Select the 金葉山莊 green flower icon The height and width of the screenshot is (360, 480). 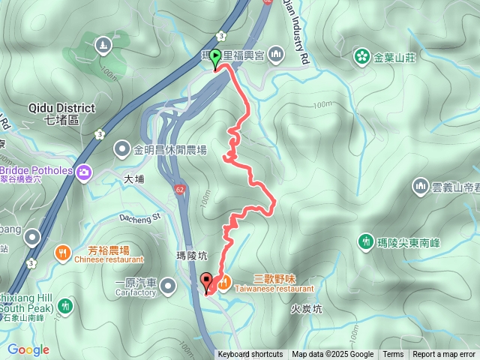coord(362,56)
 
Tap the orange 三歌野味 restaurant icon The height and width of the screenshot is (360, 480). coord(223,282)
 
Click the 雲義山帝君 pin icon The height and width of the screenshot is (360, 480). coord(420,185)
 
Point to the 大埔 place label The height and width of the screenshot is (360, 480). coord(133,179)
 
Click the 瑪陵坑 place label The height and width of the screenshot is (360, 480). coord(191,255)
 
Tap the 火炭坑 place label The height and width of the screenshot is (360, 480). coord(306,308)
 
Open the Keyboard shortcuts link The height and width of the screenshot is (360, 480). coord(250,355)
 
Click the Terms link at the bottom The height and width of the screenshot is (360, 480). coord(393,355)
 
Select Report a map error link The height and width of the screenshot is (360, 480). coord(444,355)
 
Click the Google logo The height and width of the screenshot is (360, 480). coord(28,349)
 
